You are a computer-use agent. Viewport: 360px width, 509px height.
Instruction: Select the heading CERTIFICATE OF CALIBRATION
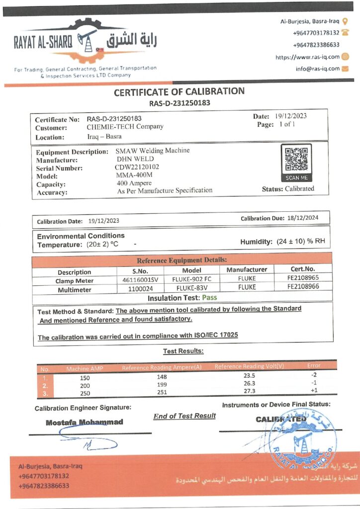coord(180,91)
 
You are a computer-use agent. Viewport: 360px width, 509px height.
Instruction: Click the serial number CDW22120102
coord(137,168)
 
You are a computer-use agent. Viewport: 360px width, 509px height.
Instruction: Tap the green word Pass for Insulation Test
coord(209,298)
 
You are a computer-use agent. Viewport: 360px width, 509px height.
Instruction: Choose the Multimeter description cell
coord(74,289)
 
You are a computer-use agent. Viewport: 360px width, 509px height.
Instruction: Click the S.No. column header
coord(140,271)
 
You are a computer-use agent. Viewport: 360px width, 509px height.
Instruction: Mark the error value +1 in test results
coord(313,391)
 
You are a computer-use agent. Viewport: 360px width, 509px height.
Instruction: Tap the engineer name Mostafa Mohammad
coord(85,422)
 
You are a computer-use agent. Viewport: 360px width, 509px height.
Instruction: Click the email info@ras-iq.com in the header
coord(317,69)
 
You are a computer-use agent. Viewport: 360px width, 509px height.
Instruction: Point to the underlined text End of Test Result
coord(184,416)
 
